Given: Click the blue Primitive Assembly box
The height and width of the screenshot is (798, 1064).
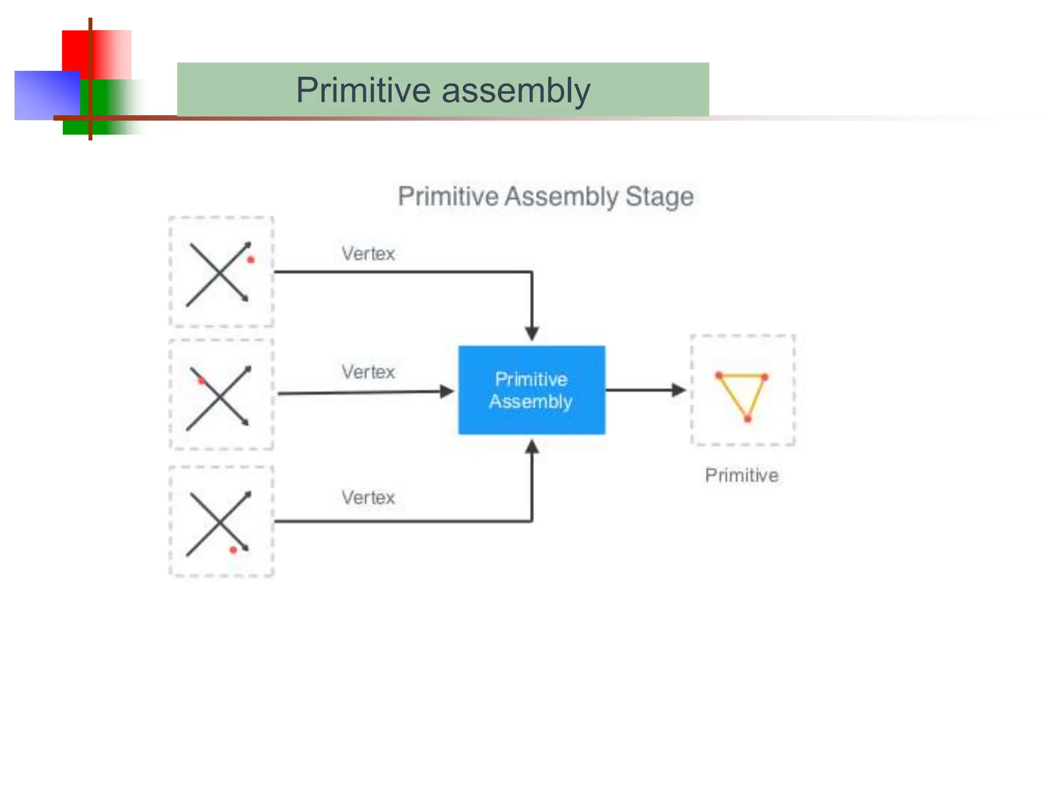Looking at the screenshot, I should [x=531, y=390].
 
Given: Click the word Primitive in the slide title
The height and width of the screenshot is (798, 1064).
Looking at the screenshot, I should [x=363, y=90].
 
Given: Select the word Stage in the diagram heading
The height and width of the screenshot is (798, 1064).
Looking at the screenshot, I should [x=659, y=197].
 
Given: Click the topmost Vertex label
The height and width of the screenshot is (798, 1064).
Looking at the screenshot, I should [x=368, y=254].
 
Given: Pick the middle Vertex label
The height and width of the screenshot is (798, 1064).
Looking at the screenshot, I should [x=368, y=372].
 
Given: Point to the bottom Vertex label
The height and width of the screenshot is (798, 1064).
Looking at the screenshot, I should [x=368, y=498].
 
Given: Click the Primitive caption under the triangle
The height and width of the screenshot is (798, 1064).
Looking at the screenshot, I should [x=741, y=475].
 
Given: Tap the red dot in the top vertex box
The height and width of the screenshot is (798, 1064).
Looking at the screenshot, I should [x=251, y=260].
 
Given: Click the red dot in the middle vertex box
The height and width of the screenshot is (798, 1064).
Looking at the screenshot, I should [x=201, y=381].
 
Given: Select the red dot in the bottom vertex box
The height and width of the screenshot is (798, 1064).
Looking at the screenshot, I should [x=233, y=550].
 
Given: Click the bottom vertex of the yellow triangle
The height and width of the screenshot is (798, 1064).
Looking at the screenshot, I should [x=748, y=419].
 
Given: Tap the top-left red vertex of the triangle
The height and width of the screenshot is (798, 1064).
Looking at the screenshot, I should [x=719, y=375].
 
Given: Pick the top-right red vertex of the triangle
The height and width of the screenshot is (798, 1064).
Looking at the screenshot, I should [x=765, y=377].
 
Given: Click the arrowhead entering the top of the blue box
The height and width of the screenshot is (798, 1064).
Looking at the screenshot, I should [x=531, y=333].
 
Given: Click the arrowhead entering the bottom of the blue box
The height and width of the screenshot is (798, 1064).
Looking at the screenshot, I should [x=531, y=447].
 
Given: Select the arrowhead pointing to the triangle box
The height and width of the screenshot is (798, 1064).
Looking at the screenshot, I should [x=678, y=390].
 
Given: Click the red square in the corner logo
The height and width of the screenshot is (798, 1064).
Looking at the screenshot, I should [x=104, y=52].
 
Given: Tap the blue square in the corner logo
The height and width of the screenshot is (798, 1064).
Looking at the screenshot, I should [x=44, y=96].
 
